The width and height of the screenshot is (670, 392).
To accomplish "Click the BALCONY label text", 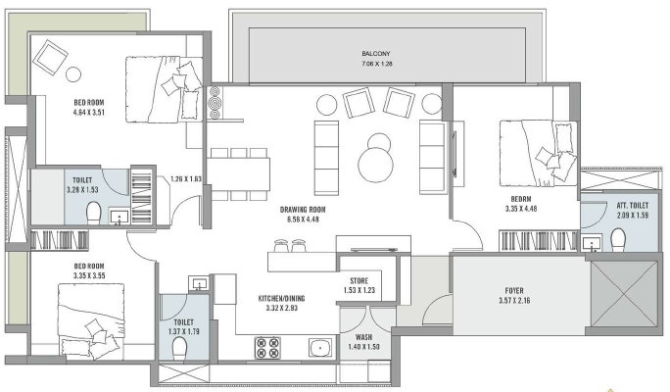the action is pyautogui.click(x=375, y=54).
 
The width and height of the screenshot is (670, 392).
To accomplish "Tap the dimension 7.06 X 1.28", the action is pyautogui.click(x=377, y=64).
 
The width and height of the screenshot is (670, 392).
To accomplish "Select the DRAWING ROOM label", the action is pyautogui.click(x=303, y=210).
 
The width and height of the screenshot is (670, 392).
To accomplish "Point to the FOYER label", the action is pyautogui.click(x=514, y=291).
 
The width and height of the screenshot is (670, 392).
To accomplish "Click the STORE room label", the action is pyautogui.click(x=359, y=281).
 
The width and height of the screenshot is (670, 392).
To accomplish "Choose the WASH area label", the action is pyautogui.click(x=363, y=337).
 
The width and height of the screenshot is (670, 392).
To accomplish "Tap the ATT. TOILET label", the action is pyautogui.click(x=633, y=206).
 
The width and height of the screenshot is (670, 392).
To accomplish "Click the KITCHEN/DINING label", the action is pyautogui.click(x=281, y=298).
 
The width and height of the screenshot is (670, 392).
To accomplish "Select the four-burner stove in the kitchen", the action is pyautogui.click(x=267, y=348).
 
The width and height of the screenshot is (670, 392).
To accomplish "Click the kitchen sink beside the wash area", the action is pyautogui.click(x=320, y=348).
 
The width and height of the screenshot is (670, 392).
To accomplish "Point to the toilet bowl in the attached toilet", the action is pyautogui.click(x=618, y=240).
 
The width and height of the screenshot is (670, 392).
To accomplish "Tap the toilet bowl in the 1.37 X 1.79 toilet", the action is pyautogui.click(x=180, y=349).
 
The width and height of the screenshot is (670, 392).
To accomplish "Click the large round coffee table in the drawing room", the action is pyautogui.click(x=375, y=166).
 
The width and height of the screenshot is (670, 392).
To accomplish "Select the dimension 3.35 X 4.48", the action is pyautogui.click(x=521, y=209).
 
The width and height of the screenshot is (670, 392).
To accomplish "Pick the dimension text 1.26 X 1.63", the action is pyautogui.click(x=186, y=179).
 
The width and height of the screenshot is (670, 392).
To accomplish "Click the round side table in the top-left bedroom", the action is pyautogui.click(x=73, y=74).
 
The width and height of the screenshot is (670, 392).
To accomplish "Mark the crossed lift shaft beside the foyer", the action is pyautogui.click(x=624, y=294).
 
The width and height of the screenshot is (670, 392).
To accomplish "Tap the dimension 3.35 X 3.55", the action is pyautogui.click(x=89, y=275).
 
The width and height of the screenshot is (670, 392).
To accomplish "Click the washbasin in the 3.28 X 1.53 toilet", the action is pyautogui.click(x=120, y=217).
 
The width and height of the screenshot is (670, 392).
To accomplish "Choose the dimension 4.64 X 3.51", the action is pyautogui.click(x=89, y=113).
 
